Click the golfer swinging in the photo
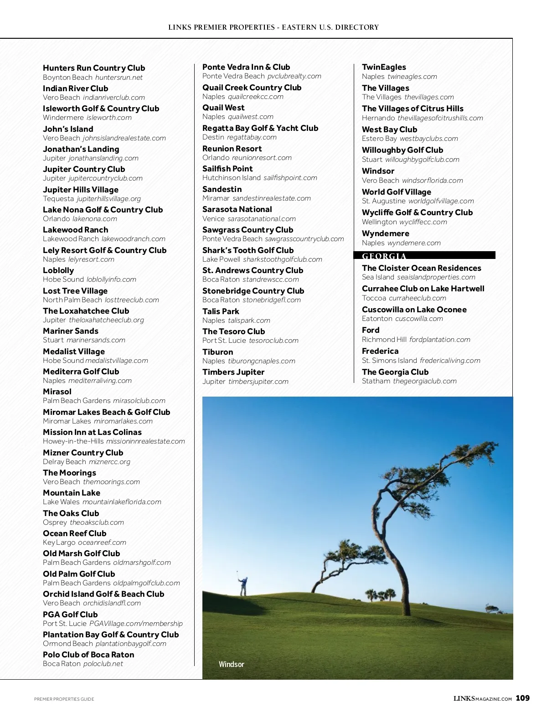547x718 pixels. (243, 586)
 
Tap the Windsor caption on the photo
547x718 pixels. (231, 664)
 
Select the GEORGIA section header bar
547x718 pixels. (424, 256)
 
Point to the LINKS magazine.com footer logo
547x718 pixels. (482, 698)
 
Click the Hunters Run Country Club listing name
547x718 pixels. (94, 68)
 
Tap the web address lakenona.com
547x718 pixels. (95, 219)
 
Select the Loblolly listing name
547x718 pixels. (58, 270)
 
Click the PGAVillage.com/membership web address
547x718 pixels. (136, 624)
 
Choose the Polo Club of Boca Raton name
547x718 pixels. (88, 655)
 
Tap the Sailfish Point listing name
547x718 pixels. (227, 169)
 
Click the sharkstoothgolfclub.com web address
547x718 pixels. (282, 259)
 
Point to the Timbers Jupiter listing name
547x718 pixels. (233, 372)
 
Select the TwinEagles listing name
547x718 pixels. (384, 67)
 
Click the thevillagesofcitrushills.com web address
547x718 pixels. (440, 118)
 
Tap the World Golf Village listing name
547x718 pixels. (396, 192)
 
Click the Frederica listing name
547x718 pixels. (380, 351)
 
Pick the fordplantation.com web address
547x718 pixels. (439, 340)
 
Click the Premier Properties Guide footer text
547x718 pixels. (64, 699)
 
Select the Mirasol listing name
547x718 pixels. (57, 392)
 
